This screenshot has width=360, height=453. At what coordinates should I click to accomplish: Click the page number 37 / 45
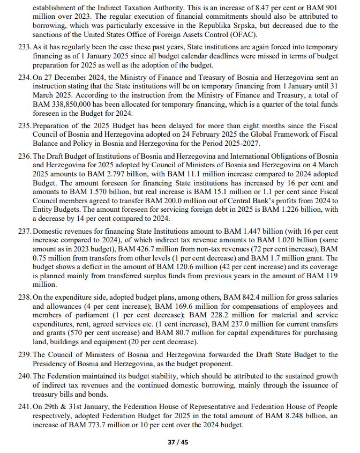(179, 442)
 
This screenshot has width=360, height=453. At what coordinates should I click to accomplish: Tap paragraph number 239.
(25, 354)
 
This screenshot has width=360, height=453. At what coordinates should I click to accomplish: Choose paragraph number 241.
(25, 406)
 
